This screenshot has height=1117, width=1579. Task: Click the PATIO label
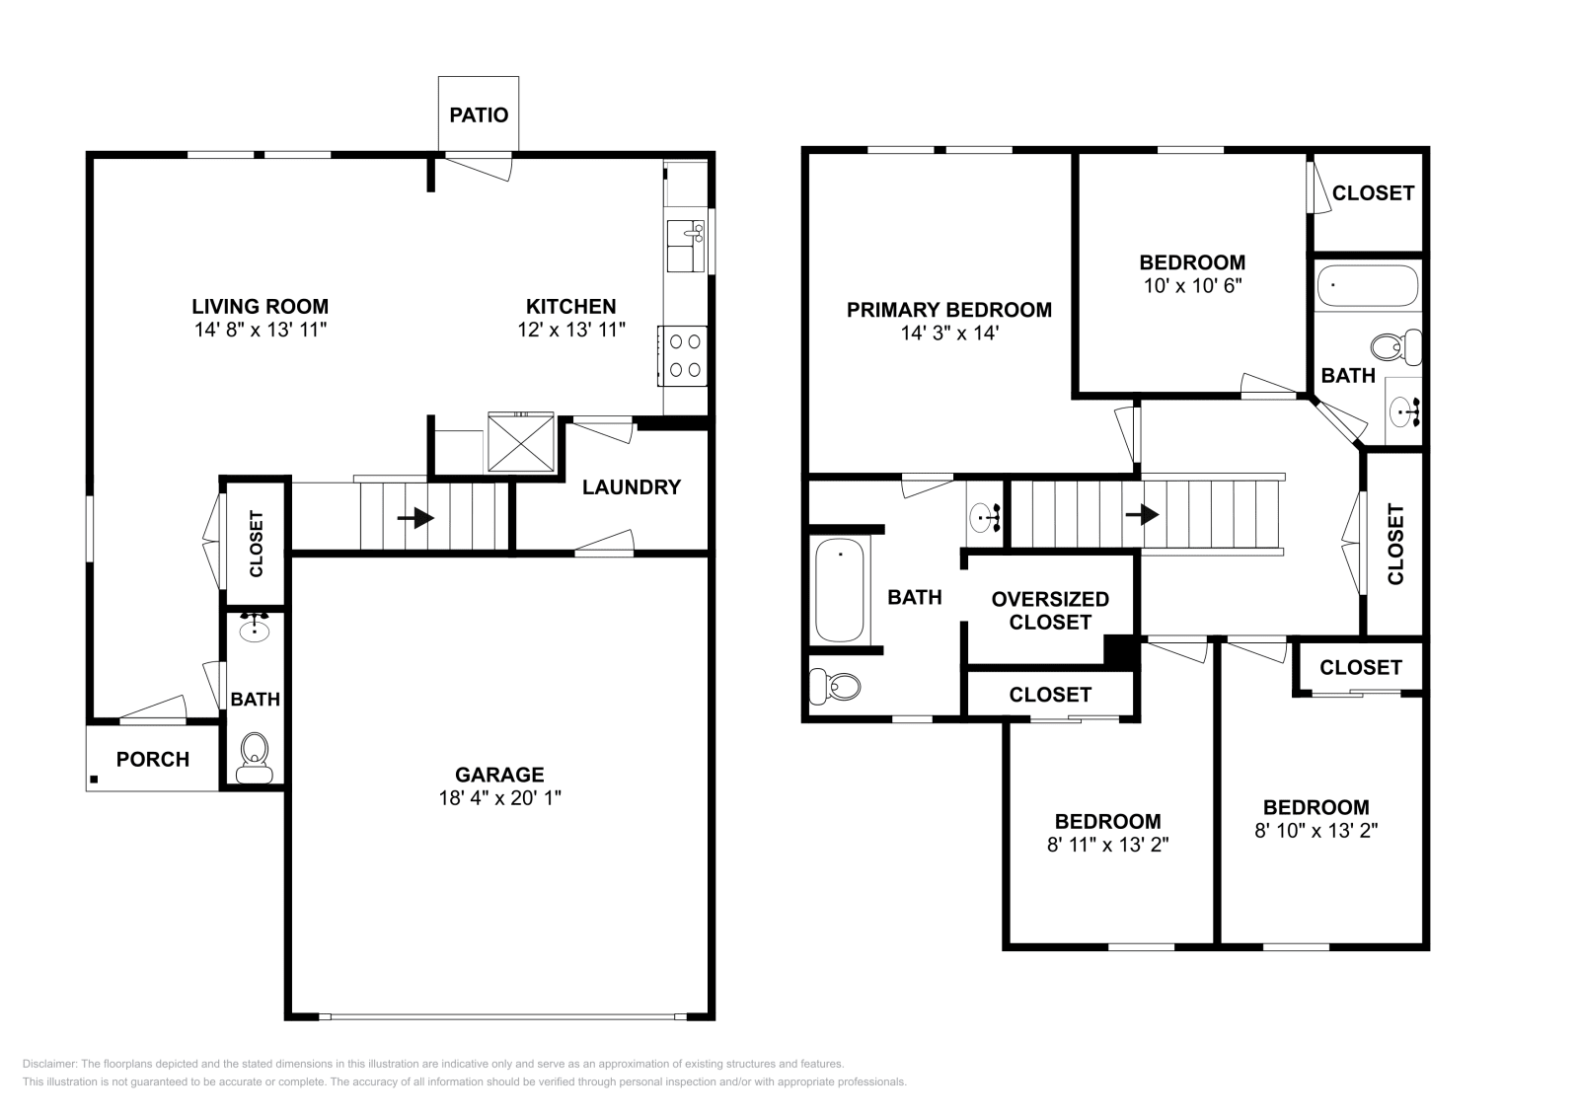pos(479,114)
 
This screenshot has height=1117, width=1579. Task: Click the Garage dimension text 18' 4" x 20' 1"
pos(499,798)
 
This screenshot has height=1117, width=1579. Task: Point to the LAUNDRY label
pos(631,486)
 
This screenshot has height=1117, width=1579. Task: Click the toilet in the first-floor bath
pos(255,758)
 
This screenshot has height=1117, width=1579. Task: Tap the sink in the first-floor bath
pos(255,628)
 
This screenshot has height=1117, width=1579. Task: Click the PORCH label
pos(152,759)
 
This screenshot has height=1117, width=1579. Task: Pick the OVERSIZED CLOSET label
pos(1050,610)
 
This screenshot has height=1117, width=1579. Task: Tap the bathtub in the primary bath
pos(840,589)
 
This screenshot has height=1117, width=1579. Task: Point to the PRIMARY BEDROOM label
pos(948,310)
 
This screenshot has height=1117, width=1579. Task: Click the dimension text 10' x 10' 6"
pos(1192,286)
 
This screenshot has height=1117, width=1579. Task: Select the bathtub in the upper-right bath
pos(1367,287)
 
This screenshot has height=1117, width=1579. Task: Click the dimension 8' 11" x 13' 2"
pos(1107,845)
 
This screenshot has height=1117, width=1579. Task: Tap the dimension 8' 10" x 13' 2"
pos(1316,831)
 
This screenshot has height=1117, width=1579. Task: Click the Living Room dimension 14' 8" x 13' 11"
pos(260,330)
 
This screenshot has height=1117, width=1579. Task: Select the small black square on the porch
pos(95,780)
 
